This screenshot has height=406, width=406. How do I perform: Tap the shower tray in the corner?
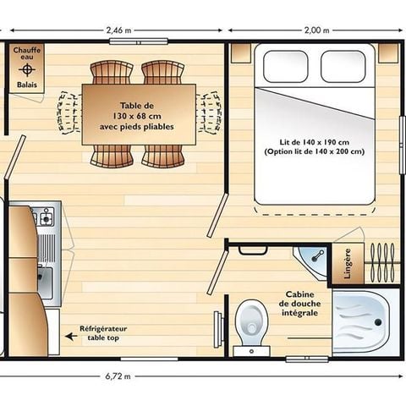pos(359,322)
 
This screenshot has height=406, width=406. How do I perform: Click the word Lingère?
pos(342,262)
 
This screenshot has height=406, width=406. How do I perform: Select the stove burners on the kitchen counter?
pos(45,217)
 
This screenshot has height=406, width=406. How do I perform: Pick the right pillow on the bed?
pos(343,66)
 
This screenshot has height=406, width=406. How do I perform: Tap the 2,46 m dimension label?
pos(119,30)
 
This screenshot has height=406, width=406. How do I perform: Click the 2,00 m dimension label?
pos(315,30)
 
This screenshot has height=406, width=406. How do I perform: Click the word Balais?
pos(26,85)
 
